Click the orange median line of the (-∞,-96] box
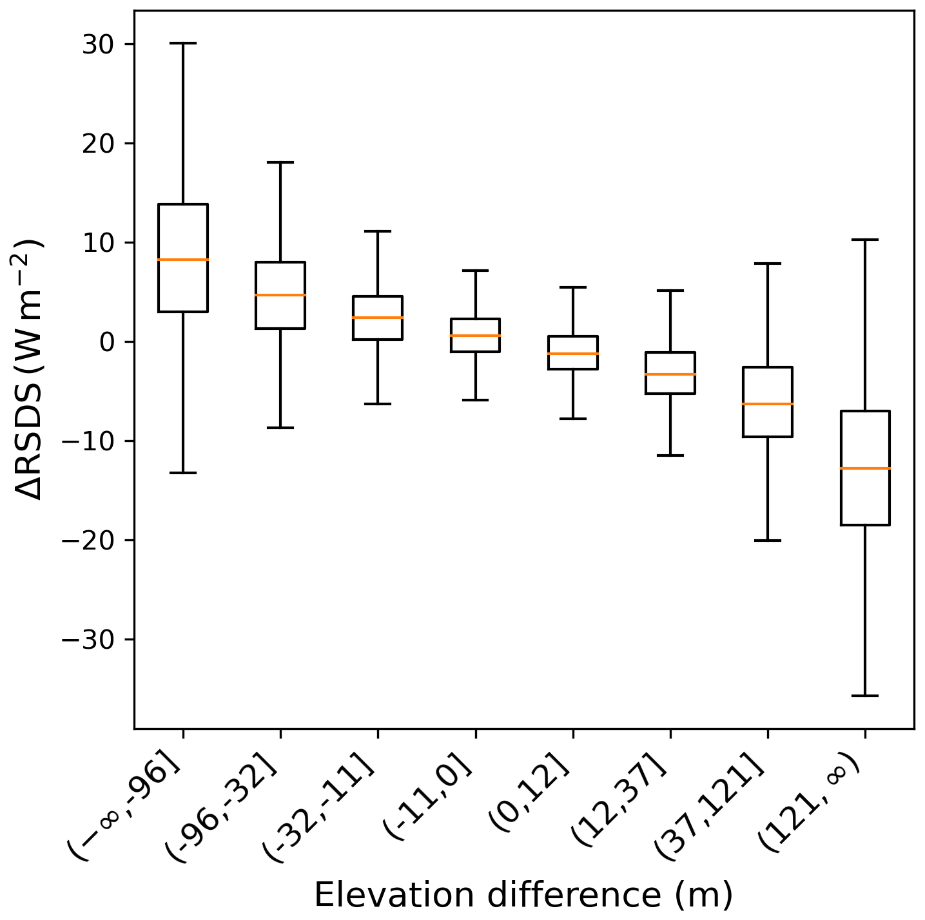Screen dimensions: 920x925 (183, 260)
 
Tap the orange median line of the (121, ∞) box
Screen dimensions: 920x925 (865, 468)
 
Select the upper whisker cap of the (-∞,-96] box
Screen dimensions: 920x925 (183, 43)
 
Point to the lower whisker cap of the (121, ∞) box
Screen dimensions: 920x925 (865, 696)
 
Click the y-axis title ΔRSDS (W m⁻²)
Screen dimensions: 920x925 (29, 369)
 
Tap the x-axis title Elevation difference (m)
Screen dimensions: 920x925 (523, 895)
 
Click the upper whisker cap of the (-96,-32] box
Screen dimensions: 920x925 (280, 162)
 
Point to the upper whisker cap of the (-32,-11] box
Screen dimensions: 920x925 (378, 231)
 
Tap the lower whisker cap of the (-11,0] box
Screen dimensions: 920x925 (476, 400)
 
